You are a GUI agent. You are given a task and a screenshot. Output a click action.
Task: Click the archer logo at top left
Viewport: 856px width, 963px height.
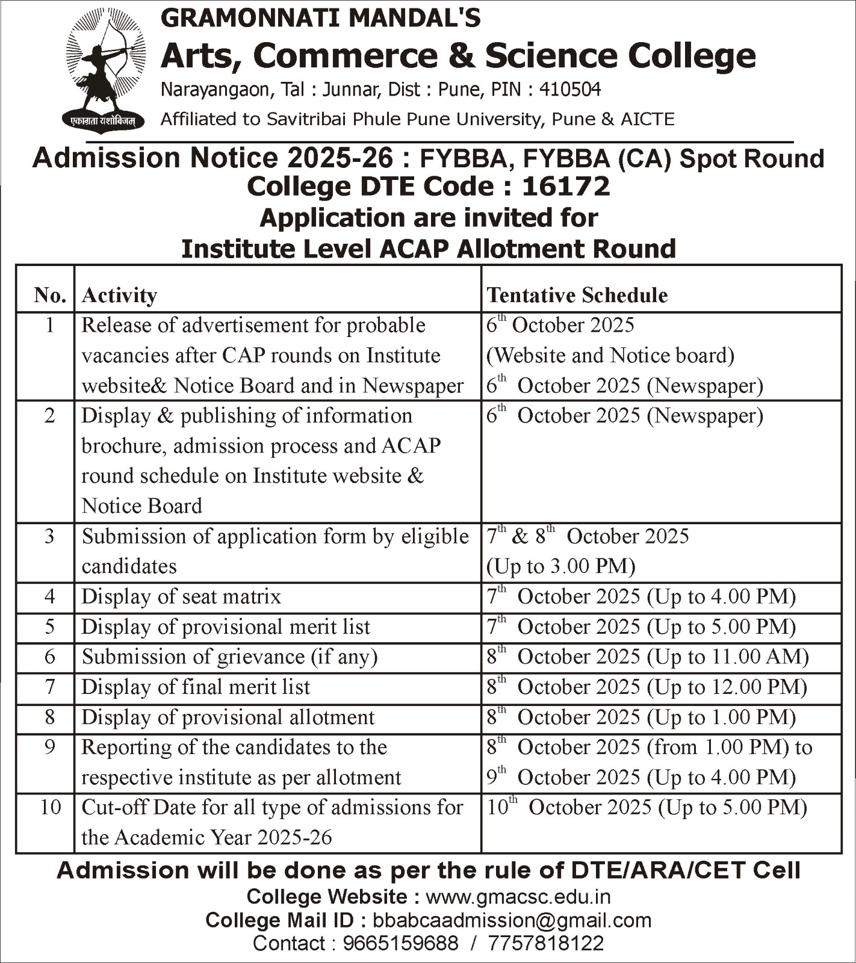[x=104, y=69]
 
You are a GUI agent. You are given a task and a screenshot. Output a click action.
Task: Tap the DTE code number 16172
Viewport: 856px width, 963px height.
[x=566, y=187]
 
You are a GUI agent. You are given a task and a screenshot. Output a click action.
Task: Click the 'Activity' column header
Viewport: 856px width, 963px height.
[x=119, y=296]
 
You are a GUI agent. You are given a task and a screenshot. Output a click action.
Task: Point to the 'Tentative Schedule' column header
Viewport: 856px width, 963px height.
[x=577, y=296]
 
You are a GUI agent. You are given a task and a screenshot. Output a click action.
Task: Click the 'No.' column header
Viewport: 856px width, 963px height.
[x=49, y=296]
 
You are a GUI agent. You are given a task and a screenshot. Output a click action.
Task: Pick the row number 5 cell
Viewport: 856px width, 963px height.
[x=49, y=627]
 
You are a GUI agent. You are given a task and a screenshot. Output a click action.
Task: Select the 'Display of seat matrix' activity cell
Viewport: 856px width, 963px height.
[x=181, y=596]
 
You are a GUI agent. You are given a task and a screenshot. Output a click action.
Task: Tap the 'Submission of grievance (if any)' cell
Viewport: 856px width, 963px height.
[x=229, y=657]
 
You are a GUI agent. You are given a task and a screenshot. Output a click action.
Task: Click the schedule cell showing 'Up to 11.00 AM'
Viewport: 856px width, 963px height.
[x=647, y=657]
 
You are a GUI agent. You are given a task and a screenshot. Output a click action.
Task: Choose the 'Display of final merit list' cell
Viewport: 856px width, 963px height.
[x=196, y=687]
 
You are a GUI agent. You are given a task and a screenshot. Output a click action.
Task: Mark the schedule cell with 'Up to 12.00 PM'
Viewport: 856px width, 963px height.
[x=647, y=687]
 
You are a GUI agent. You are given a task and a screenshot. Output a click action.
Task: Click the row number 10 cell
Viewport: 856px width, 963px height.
[x=50, y=807]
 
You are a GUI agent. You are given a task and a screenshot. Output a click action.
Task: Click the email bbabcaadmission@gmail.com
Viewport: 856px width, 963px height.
[x=512, y=920]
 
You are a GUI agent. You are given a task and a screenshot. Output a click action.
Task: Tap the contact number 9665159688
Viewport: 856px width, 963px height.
[x=400, y=943]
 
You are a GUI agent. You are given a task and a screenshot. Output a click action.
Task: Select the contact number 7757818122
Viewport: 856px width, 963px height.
[x=545, y=943]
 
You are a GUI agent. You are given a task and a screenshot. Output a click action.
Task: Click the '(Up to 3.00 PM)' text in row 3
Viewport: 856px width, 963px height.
[x=561, y=566]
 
